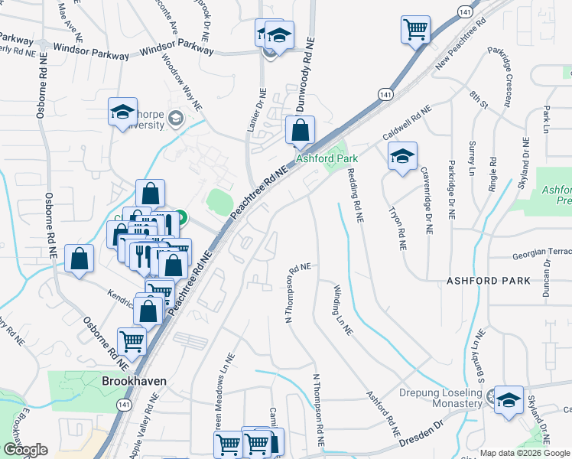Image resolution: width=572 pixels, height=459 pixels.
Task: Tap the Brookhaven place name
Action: click(x=134, y=380)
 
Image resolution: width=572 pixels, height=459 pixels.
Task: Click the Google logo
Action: click(x=25, y=450)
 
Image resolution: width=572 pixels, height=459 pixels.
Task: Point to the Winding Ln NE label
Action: click(x=342, y=310)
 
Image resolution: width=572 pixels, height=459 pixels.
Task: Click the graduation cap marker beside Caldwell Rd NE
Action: click(x=402, y=157)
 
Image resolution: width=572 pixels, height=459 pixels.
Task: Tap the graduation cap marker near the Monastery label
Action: click(x=509, y=400)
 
